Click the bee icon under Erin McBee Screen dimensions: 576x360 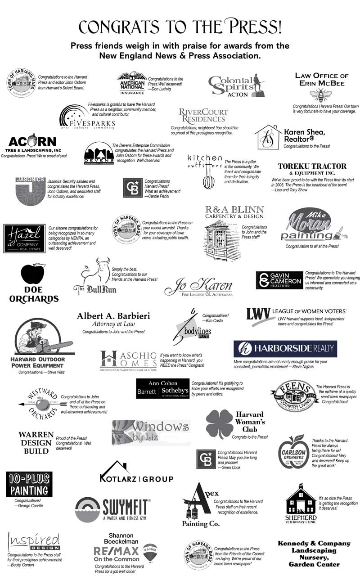pyautogui.click(x=320, y=95)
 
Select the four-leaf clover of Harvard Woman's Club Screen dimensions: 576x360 pyautogui.click(x=219, y=423)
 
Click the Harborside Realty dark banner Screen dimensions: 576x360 pyautogui.click(x=285, y=349)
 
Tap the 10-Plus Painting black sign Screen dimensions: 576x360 pyautogui.click(x=29, y=484)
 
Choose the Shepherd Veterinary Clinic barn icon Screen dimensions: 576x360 pyautogui.click(x=301, y=499)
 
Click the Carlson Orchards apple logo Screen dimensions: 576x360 pyautogui.click(x=293, y=451)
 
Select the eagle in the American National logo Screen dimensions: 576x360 pyautogui.click(x=132, y=77)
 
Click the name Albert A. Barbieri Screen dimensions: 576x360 pyautogui.click(x=113, y=316)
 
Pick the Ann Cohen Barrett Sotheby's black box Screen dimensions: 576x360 pyautogui.click(x=162, y=388)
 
